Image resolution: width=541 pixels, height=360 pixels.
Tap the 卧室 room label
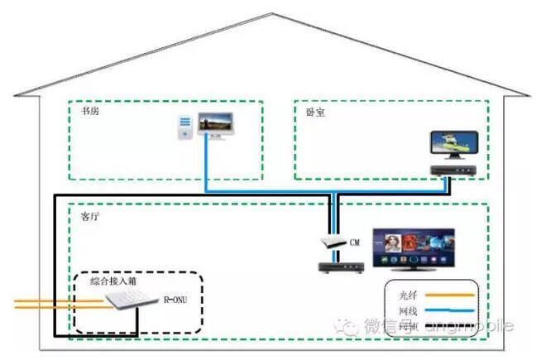315,112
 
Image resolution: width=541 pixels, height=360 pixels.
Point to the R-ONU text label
176,299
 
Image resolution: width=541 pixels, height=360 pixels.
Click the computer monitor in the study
215,124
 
